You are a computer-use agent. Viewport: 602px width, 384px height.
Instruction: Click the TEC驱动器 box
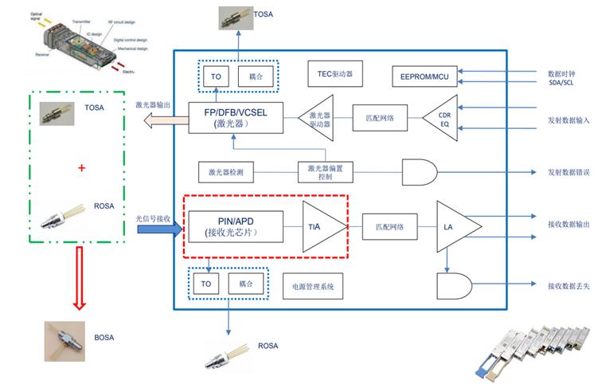tap(334, 76)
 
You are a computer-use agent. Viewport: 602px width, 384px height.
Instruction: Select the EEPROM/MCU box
tap(424, 76)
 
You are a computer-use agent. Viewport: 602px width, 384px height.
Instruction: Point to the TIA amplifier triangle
tap(322, 226)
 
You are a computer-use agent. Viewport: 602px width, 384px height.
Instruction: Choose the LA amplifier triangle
tap(455, 227)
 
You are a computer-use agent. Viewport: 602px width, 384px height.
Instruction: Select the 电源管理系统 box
tap(315, 286)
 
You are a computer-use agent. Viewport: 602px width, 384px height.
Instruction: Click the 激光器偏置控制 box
tap(326, 171)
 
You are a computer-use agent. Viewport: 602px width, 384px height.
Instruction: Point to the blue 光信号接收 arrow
tap(159, 229)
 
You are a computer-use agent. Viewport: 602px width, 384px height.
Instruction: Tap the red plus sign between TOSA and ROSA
tap(81, 168)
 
